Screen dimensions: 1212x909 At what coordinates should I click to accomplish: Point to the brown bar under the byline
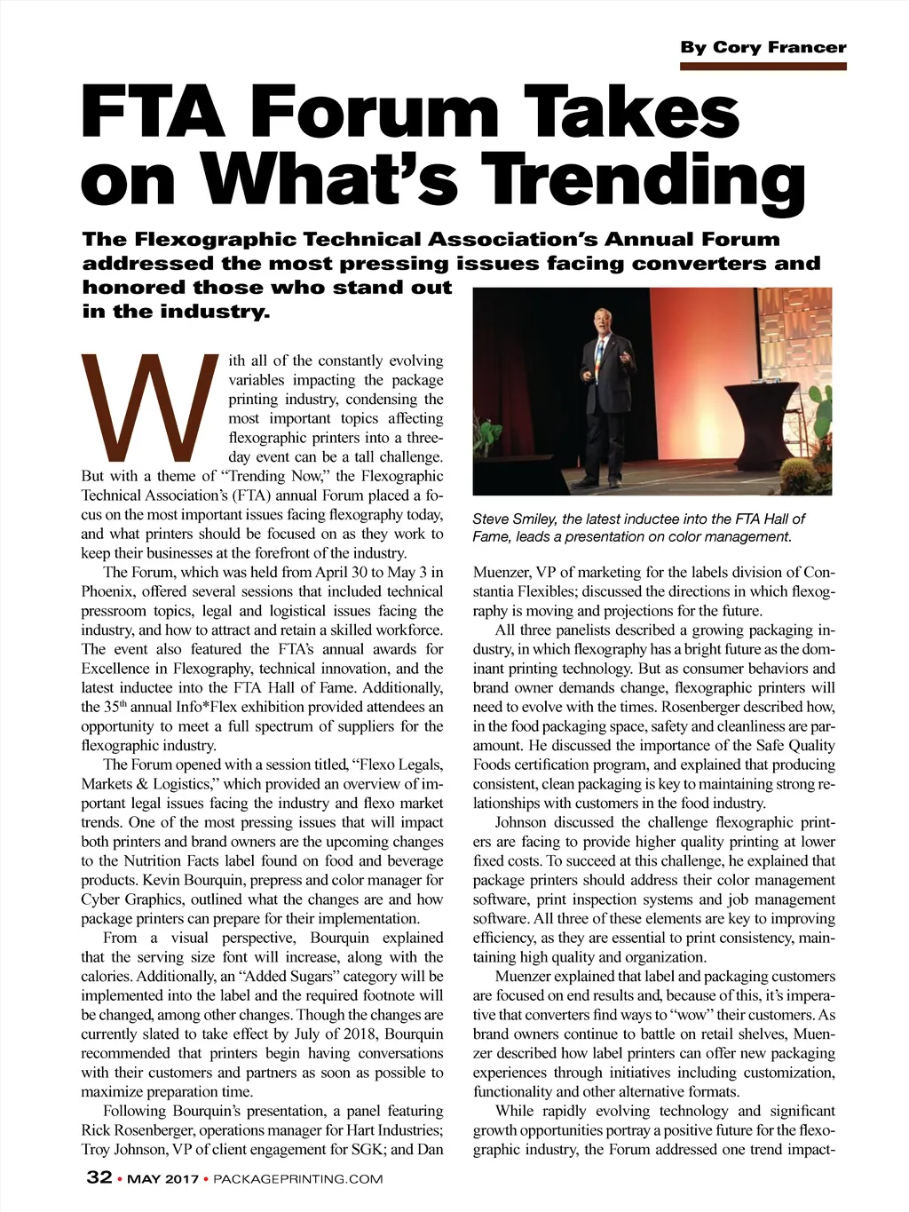tap(763, 66)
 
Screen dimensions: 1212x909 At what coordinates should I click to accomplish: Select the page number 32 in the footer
tap(99, 1177)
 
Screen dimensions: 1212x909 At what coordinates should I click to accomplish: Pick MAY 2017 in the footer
tap(162, 1179)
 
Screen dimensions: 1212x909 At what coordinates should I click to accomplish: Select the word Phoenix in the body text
tap(107, 591)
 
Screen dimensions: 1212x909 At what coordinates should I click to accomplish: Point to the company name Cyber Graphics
tap(134, 899)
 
